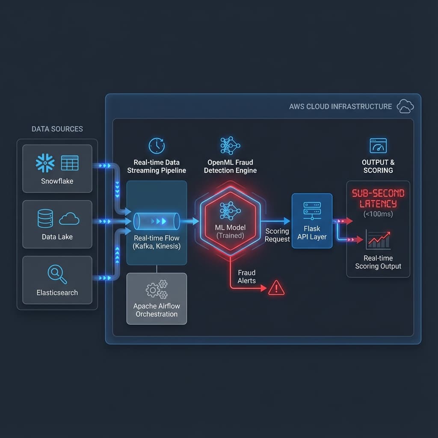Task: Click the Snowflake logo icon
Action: coord(45,163)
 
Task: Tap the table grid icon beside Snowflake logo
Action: coord(70,163)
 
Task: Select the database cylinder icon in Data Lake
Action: coord(45,219)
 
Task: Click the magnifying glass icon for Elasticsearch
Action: coord(57,274)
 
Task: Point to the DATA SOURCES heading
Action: coord(57,129)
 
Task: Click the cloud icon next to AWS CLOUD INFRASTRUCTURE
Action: coord(405,106)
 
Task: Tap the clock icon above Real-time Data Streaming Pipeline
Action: coord(157,145)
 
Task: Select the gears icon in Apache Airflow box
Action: coord(157,289)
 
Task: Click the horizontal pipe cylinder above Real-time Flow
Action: coord(157,222)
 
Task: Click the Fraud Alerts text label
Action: coord(247,277)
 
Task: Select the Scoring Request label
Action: coord(277,235)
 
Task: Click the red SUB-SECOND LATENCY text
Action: coord(378,198)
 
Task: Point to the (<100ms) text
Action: coord(378,214)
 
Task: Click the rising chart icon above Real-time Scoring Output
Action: coord(378,240)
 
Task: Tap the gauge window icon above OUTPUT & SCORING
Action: coord(378,146)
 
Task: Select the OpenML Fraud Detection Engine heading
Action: coord(230,166)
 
